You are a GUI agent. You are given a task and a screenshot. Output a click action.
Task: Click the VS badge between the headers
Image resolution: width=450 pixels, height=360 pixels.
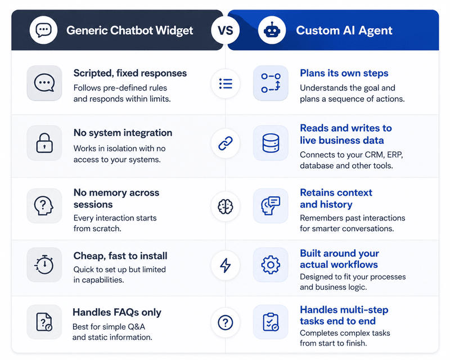226,30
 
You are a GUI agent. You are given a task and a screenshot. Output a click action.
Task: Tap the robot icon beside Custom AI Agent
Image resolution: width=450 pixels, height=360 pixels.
272,30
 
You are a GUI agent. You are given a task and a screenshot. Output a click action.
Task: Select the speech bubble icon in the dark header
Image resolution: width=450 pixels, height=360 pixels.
44,30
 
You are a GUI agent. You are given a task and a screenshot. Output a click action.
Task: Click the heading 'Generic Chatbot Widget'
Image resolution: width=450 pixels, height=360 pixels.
130,30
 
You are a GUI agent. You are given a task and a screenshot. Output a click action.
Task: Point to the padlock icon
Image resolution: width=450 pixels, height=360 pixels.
44,143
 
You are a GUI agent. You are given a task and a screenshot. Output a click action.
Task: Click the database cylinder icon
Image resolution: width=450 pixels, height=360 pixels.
271,143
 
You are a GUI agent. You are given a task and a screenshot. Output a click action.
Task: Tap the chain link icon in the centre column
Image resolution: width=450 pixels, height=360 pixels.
226,143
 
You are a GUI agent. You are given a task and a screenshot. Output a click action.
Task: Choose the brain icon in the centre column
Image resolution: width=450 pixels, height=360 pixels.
226,206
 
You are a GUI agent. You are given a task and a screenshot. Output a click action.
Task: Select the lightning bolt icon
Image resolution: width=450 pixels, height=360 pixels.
226,265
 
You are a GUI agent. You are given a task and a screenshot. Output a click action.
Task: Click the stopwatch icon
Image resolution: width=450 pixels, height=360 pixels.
44,265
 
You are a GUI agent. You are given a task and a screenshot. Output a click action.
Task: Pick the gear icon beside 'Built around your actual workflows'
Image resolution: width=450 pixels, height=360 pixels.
271,265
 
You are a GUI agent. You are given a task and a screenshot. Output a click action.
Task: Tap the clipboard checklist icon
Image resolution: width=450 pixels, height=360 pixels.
271,322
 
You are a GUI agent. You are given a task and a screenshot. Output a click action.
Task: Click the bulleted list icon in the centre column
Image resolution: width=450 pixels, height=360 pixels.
226,84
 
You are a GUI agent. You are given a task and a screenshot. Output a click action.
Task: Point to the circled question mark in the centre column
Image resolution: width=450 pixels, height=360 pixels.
226,322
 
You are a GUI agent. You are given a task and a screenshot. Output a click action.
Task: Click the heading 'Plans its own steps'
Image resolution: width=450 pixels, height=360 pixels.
344,73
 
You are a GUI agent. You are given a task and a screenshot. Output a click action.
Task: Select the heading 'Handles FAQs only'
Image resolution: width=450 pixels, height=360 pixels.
117,312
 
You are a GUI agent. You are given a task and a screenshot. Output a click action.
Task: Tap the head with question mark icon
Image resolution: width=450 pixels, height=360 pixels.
44,205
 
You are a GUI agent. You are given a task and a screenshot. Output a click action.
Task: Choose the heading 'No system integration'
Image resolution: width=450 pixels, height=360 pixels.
123,133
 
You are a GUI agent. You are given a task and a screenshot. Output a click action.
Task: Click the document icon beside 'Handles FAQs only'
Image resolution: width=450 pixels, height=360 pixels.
44,322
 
